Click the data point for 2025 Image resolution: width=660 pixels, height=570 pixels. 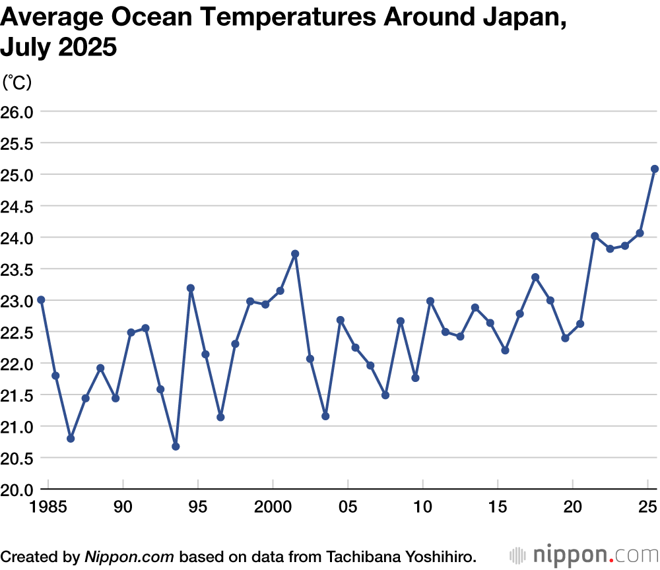coord(655,169)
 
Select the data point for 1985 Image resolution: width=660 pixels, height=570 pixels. coord(41,300)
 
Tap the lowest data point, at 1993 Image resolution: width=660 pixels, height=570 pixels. coord(176,447)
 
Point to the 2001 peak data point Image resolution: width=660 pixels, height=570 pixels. coord(295,254)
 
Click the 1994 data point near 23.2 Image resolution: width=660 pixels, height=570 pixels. coord(191,288)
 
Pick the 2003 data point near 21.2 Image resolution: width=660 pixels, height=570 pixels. coord(325,416)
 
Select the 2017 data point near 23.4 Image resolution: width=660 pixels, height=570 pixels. coord(535,277)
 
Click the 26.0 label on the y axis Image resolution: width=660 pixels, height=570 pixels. coord(16,111)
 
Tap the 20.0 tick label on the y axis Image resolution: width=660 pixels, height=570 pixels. coord(16,490)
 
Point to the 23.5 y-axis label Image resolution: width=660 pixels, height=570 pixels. coord(16,269)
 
